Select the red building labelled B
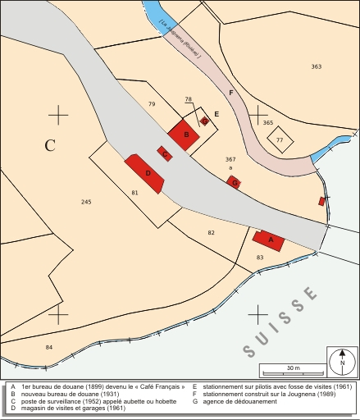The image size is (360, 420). tap(185, 135)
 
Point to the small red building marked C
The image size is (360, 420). tap(165, 153)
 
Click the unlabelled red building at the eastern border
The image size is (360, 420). tap(322, 201)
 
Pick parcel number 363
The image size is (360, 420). tap(317, 66)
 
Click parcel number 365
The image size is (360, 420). tap(268, 122)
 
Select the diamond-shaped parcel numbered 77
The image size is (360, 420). tap(280, 140)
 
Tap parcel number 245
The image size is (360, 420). tap(87, 201)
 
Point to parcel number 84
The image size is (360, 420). tap(49, 347)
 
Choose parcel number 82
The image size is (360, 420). tap(211, 233)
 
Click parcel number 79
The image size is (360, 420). tap(151, 104)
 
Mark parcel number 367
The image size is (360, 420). tap(230, 159)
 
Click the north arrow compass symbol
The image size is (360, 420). tap(342, 361)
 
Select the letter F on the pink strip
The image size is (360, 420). tap(231, 93)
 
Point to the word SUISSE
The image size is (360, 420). tap(281, 322)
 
